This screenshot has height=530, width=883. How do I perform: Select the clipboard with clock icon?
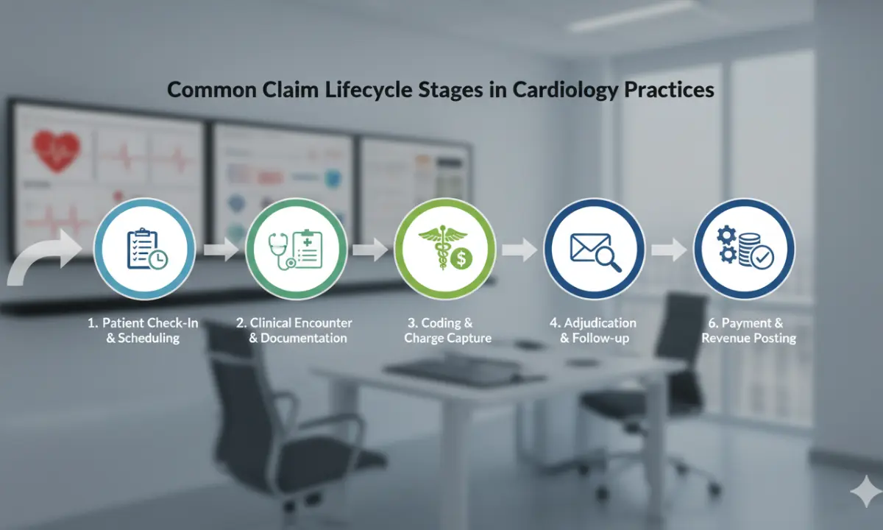[147, 250]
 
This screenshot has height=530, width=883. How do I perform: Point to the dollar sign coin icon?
[461, 258]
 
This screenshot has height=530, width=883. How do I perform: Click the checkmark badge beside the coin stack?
[762, 257]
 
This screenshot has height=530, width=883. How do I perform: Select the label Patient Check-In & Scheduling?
[143, 331]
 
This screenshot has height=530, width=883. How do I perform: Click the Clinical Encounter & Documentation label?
[294, 331]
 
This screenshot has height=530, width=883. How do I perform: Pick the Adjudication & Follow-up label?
[593, 331]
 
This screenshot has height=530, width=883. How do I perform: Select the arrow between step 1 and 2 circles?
[221, 250]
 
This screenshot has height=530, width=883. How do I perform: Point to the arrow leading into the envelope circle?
[519, 250]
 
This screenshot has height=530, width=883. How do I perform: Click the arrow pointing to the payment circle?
[669, 250]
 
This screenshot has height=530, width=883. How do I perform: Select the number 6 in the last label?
[712, 323]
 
